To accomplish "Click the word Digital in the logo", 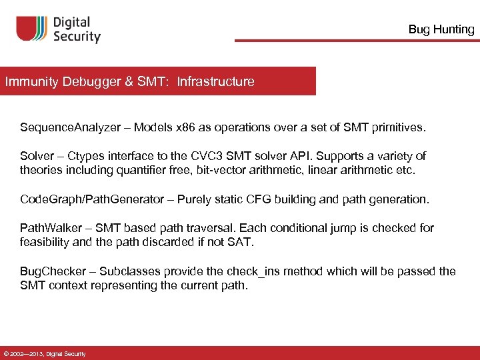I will (x=75, y=23).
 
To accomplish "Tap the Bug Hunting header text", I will (x=441, y=29).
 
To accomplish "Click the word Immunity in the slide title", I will (x=32, y=82).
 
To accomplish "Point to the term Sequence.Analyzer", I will (x=67, y=127).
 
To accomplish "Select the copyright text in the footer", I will (x=45, y=353).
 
